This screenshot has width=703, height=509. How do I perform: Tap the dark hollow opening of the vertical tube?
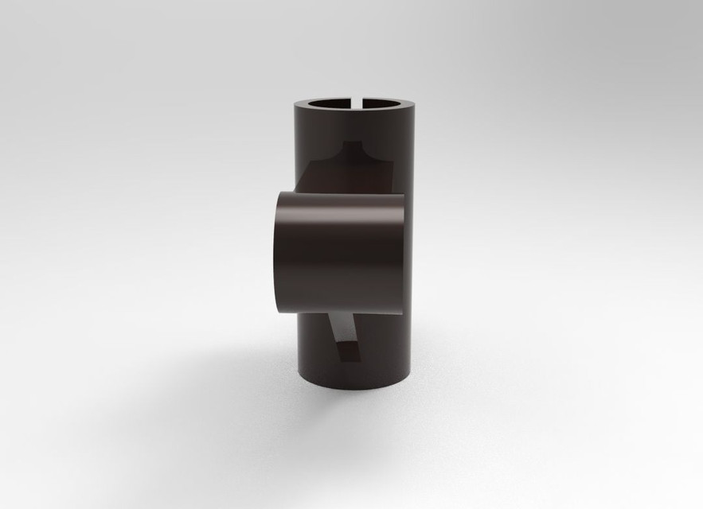pos(334,105)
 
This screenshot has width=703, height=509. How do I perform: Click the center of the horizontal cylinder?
pos(341,252)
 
